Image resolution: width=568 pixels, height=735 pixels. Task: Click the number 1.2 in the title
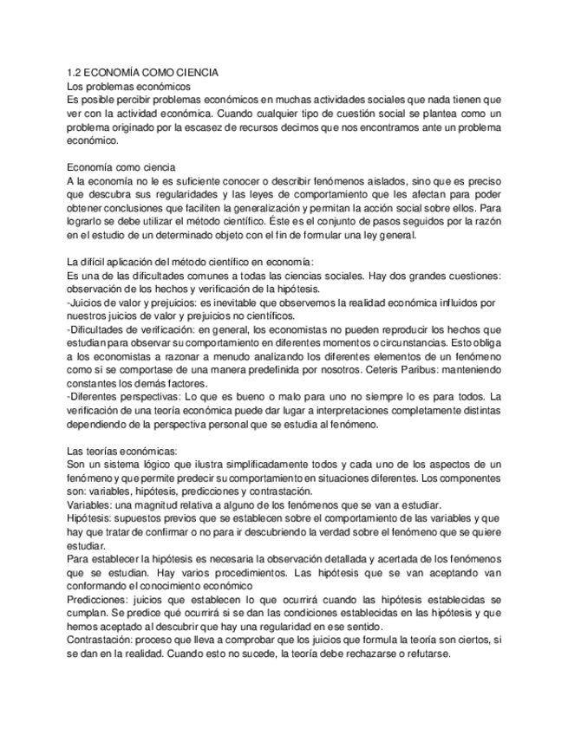[x=75, y=74]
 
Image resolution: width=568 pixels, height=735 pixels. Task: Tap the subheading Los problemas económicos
[x=128, y=87]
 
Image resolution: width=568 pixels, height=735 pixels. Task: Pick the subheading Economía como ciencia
[x=121, y=166]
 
